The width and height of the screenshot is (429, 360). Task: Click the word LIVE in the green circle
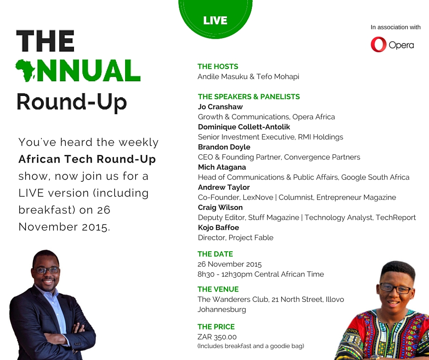pyautogui.click(x=215, y=21)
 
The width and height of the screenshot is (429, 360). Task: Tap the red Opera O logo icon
pyautogui.click(x=379, y=44)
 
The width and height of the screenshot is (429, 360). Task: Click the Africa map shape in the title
pyautogui.click(x=25, y=71)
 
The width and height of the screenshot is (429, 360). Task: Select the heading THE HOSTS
pyautogui.click(x=218, y=67)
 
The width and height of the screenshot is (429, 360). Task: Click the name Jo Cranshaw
pyautogui.click(x=220, y=107)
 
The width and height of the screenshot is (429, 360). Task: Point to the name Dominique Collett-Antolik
pyautogui.click(x=244, y=127)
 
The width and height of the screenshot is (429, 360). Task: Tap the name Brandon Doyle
pyautogui.click(x=224, y=147)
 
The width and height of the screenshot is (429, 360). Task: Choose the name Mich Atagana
pyautogui.click(x=222, y=167)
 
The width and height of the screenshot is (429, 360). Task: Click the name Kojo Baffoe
pyautogui.click(x=218, y=228)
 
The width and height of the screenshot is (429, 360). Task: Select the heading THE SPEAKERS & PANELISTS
pyautogui.click(x=249, y=97)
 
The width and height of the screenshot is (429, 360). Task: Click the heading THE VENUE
pyautogui.click(x=218, y=289)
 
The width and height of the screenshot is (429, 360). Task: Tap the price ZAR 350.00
pyautogui.click(x=217, y=337)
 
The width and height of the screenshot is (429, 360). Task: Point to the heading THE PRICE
pyautogui.click(x=216, y=327)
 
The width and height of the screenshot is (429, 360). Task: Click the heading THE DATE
pyautogui.click(x=215, y=254)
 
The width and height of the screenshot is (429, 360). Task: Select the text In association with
pyautogui.click(x=395, y=27)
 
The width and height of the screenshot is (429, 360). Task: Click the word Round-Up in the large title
pyautogui.click(x=72, y=102)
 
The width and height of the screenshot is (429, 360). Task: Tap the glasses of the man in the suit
pyautogui.click(x=46, y=270)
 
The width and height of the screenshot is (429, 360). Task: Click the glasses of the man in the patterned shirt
pyautogui.click(x=396, y=288)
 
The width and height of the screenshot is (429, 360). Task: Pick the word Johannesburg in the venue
pyautogui.click(x=222, y=310)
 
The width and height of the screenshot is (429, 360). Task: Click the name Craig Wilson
pyautogui.click(x=220, y=207)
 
